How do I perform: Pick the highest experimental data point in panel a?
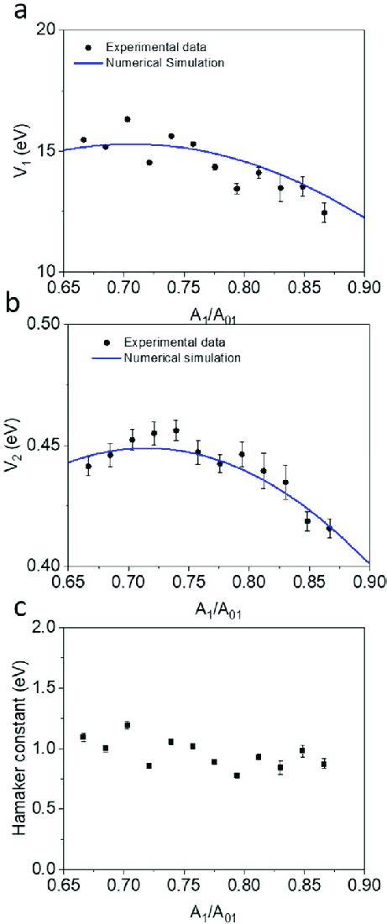128,119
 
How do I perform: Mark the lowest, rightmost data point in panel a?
324,212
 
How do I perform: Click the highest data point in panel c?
128,724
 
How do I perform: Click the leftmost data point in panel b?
89,466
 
